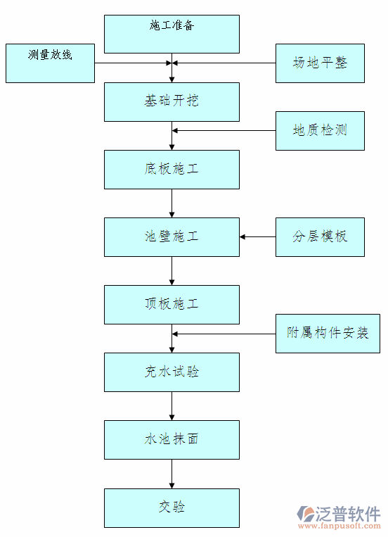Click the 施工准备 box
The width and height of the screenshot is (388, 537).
tap(172, 34)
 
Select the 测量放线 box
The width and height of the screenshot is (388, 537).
tap(50, 63)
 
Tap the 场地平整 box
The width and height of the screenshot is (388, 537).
tap(320, 63)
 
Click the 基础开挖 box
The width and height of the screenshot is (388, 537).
tap(172, 101)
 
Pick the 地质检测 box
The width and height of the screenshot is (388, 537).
tap(320, 130)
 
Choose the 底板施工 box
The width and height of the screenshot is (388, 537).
tap(172, 169)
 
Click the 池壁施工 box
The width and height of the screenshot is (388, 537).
tap(172, 236)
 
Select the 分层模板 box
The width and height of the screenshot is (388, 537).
tap(320, 236)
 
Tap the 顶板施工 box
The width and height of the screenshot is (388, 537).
tap(172, 304)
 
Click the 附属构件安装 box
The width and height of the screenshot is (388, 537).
tap(328, 333)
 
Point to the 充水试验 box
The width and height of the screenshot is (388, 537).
tap(172, 372)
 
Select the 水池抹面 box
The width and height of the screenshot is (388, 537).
tap(172, 439)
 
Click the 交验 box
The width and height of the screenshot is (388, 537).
tap(172, 507)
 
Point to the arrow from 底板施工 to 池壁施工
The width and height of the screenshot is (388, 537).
tap(172, 203)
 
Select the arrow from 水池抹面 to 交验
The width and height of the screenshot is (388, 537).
tap(172, 474)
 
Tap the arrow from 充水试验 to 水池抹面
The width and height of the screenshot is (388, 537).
tap(172, 406)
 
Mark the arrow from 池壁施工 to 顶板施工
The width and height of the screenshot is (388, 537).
tap(172, 270)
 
